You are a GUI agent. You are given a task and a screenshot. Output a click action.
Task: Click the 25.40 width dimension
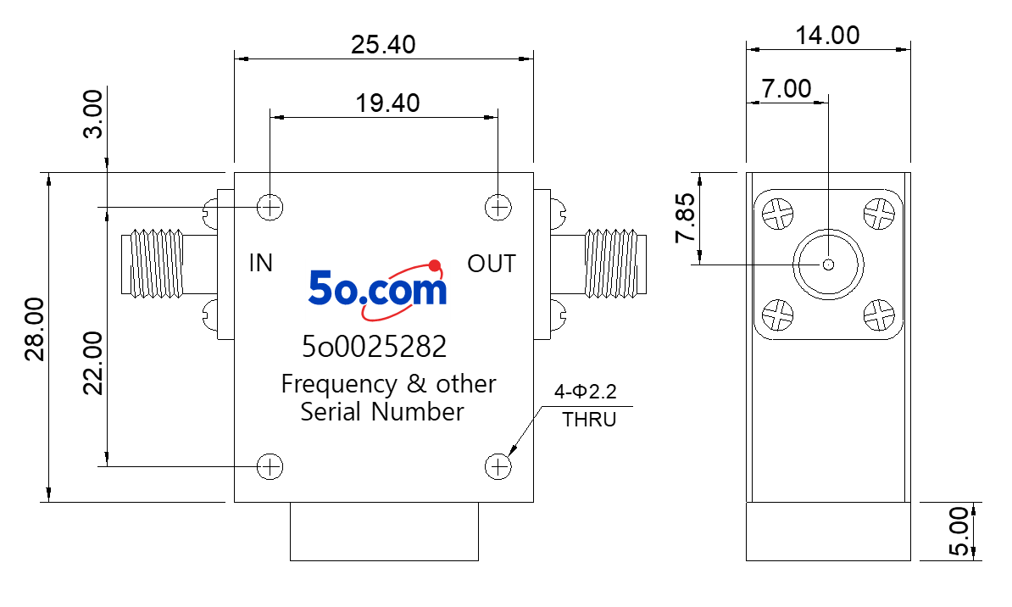tap(383, 45)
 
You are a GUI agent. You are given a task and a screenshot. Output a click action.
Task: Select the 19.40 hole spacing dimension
tap(388, 103)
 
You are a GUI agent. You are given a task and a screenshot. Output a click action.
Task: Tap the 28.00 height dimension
tap(35, 329)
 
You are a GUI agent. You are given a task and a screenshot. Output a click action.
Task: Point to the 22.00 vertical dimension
tap(93, 363)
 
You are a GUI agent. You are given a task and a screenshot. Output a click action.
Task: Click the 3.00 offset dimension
tap(93, 114)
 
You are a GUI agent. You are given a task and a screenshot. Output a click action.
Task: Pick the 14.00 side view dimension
tap(827, 35)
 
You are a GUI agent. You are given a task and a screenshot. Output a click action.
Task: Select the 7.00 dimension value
tap(786, 88)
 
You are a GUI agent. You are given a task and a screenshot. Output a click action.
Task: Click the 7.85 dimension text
tap(686, 218)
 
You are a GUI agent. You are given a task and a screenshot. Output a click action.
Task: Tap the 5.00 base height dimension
tap(959, 531)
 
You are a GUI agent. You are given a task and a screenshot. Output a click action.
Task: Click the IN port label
tap(261, 263)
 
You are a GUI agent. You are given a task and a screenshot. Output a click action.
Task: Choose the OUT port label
tap(492, 264)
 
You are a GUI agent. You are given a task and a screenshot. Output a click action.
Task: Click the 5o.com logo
tap(377, 289)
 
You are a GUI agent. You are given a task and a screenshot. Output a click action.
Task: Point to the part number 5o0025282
tap(375, 347)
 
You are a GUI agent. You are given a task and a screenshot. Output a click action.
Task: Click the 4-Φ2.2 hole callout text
tap(586, 392)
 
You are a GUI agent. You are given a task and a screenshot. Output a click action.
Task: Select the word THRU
tap(589, 419)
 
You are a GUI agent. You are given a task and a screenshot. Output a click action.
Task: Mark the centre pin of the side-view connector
tap(828, 265)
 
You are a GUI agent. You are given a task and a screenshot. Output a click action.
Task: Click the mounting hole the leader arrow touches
tap(498, 466)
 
